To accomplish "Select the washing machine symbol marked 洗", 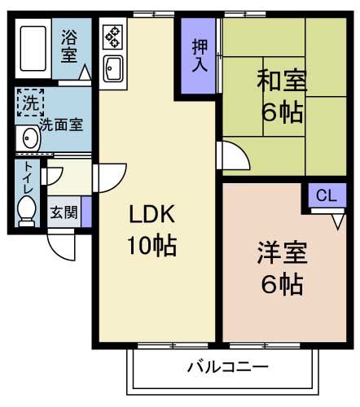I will click(x=29, y=103).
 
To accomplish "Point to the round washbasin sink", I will click(x=29, y=136).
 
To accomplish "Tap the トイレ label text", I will click(x=28, y=179).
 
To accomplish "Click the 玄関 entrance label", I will click(x=64, y=213).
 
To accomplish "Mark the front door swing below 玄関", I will click(x=60, y=242).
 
